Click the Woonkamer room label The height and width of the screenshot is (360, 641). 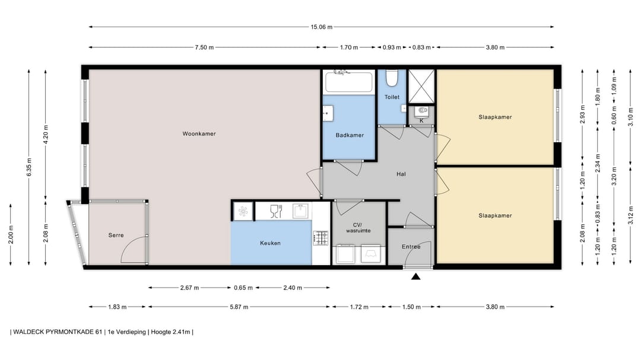tap(199, 133)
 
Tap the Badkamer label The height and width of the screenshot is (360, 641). tap(350, 135)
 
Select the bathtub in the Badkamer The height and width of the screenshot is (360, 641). tap(349, 82)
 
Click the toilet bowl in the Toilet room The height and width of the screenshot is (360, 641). tap(392, 78)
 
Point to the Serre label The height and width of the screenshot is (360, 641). tap(116, 235)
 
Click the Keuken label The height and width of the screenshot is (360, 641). tap(270, 243)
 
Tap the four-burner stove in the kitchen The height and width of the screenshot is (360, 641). tap(320, 238)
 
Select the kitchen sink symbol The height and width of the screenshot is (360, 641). tap(300, 211)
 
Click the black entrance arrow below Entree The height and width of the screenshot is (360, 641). tap(415, 276)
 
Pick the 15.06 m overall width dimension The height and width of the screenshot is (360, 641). tap(321, 27)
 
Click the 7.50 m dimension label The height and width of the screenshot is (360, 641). tap(204, 47)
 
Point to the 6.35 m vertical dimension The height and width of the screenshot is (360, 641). tap(29, 167)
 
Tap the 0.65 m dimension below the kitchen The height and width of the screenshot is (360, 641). tap(243, 288)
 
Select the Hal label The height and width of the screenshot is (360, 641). tap(401, 174)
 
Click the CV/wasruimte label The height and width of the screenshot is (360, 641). tap(358, 228)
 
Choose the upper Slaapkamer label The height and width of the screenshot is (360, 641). tap(495, 117)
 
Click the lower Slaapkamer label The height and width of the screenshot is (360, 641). tap(495, 215)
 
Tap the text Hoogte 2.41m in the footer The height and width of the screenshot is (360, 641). tap(170, 332)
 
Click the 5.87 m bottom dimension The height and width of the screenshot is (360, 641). tap(239, 307)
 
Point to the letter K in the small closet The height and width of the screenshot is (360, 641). tap(421, 120)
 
